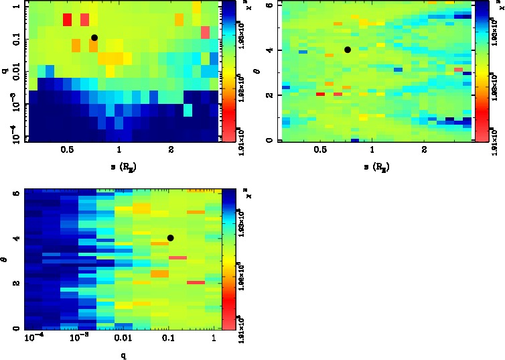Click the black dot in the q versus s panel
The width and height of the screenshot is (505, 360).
[x=94, y=38]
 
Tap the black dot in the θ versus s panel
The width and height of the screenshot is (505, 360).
[x=348, y=50]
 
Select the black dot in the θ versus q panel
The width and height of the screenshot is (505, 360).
[x=171, y=238]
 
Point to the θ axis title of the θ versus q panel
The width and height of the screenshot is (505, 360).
[x=5, y=257]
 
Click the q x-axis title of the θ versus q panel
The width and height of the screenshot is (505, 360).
[x=123, y=354]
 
